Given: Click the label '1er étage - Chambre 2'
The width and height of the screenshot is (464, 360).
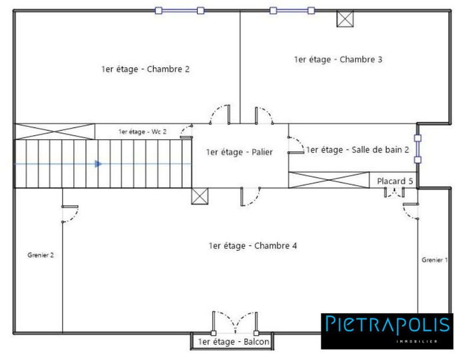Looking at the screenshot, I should pyautogui.click(x=145, y=69).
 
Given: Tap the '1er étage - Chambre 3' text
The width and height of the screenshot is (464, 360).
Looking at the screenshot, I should pyautogui.click(x=338, y=59).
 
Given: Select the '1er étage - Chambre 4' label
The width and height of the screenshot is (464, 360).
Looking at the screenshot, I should pyautogui.click(x=252, y=246).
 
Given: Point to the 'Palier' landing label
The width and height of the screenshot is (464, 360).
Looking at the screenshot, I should pyautogui.click(x=239, y=152).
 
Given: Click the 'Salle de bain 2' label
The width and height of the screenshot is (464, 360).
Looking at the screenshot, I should pyautogui.click(x=357, y=150).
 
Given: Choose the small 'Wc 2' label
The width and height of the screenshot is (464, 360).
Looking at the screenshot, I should pyautogui.click(x=142, y=132).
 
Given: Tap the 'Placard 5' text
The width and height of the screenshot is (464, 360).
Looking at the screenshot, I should pyautogui.click(x=395, y=181).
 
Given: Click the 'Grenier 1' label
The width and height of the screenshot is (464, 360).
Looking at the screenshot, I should pyautogui.click(x=434, y=260).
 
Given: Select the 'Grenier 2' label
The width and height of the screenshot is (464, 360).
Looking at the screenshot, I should pyautogui.click(x=41, y=254).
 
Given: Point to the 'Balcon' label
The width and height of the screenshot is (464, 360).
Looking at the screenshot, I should pyautogui.click(x=233, y=342).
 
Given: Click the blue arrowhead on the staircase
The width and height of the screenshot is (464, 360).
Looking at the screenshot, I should pyautogui.click(x=98, y=164).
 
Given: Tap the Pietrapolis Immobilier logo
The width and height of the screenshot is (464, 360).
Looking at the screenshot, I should pyautogui.click(x=387, y=331).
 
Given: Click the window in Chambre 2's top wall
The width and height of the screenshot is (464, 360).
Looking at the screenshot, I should pyautogui.click(x=179, y=10).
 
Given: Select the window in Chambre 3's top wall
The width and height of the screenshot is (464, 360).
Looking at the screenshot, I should pyautogui.click(x=292, y=10).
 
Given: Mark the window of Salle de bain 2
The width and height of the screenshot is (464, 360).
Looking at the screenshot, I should pyautogui.click(x=416, y=149).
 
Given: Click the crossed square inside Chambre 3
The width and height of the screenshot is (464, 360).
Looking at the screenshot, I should pyautogui.click(x=345, y=19).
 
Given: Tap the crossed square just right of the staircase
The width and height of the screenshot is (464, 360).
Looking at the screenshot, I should pyautogui.click(x=199, y=196).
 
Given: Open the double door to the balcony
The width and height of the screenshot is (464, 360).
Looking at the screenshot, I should pyautogui.click(x=234, y=323).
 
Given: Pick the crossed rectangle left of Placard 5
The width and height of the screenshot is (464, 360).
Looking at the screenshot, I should pyautogui.click(x=329, y=180).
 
